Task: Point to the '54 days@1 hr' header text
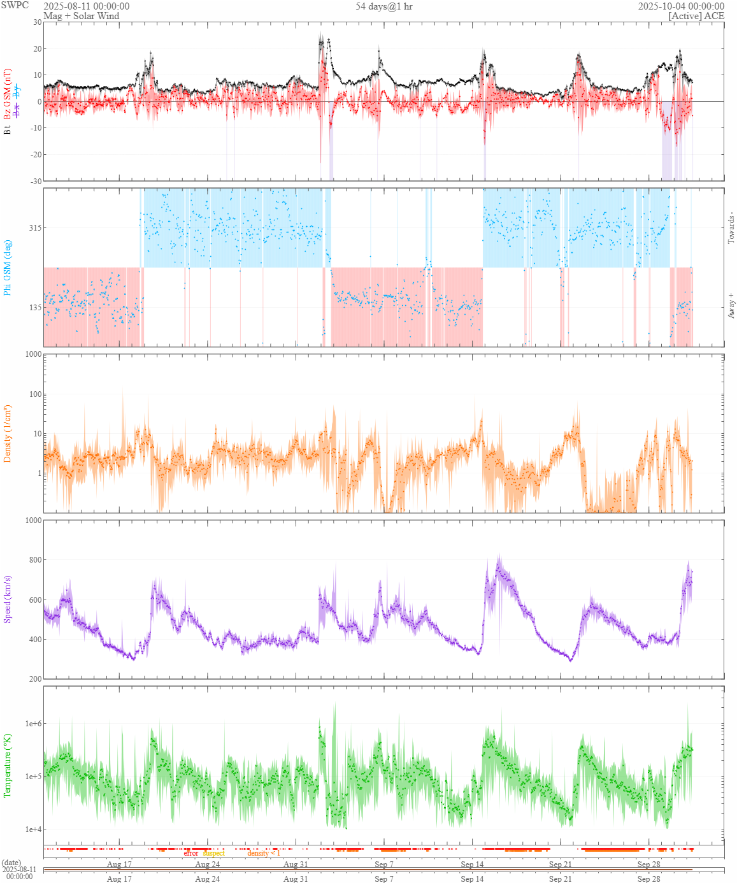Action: point(384,6)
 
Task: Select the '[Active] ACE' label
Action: point(696,16)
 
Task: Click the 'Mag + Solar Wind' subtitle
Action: point(81,16)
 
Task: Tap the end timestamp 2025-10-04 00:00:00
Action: point(681,6)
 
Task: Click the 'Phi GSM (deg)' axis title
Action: point(8,268)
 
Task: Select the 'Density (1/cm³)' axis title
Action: point(8,434)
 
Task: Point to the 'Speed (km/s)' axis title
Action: point(8,599)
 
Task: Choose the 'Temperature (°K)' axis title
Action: point(8,766)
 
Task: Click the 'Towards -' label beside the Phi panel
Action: point(731,227)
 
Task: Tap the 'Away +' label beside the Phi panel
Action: point(731,306)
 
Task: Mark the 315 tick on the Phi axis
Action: point(34,228)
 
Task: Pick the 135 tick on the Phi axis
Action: point(34,307)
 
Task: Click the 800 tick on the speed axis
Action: point(34,560)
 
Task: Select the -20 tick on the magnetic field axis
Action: point(34,155)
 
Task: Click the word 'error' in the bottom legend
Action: point(191,853)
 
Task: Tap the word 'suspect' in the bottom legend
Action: point(214,853)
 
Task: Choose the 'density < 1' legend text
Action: point(264,853)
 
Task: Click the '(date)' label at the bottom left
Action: point(11,863)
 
